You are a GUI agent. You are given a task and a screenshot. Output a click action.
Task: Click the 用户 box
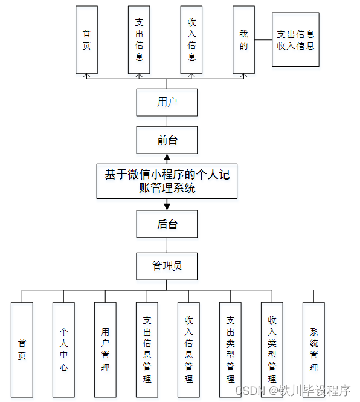click(x=167, y=102)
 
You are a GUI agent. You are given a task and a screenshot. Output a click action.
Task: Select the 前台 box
click(x=167, y=140)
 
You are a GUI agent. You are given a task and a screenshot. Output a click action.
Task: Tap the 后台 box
click(x=167, y=224)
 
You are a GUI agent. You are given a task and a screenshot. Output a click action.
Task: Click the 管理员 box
click(x=167, y=266)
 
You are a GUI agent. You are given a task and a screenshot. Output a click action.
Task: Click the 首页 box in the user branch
click(x=86, y=40)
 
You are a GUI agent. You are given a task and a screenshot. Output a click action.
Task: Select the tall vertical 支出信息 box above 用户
click(x=139, y=40)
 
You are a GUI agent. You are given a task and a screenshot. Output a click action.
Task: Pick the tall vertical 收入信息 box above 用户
click(x=191, y=40)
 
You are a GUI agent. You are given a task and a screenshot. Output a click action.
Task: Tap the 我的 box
click(x=243, y=40)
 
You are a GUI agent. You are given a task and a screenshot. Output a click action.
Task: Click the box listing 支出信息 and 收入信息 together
click(x=295, y=40)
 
